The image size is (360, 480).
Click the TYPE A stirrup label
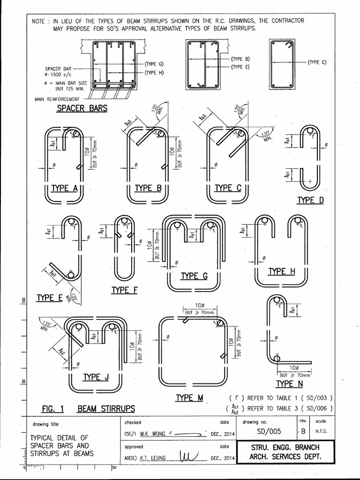point(64,188)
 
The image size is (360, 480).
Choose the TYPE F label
point(124,290)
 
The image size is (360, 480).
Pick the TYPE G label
point(194,276)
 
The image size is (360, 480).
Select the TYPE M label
point(189,397)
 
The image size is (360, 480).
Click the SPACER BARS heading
point(82,108)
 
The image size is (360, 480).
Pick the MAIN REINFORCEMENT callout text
point(57,99)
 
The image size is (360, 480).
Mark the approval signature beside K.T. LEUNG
point(190,456)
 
